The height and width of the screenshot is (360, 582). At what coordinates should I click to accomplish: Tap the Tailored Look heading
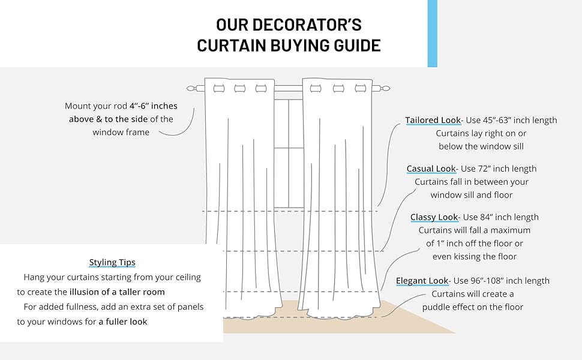[x=433, y=120]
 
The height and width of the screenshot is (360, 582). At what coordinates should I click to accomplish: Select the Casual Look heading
[x=431, y=169]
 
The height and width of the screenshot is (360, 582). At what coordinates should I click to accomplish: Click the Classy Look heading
[x=434, y=217]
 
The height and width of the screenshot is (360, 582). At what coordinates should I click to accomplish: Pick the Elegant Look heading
[x=422, y=281]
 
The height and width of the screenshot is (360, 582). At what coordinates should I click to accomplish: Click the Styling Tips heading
[x=112, y=262]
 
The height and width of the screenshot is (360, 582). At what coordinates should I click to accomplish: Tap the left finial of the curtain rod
[x=191, y=88]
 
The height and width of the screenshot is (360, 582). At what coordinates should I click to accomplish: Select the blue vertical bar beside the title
[x=432, y=33]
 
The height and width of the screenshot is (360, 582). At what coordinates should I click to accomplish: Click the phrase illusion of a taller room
[x=117, y=292]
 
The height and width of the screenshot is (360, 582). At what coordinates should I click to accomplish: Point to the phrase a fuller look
[x=123, y=322]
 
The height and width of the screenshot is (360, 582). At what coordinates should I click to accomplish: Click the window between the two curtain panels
[x=289, y=150]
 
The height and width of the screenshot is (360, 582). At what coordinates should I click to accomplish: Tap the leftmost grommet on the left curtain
[x=217, y=88]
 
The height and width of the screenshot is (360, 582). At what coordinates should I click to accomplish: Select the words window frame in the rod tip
[x=121, y=132]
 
